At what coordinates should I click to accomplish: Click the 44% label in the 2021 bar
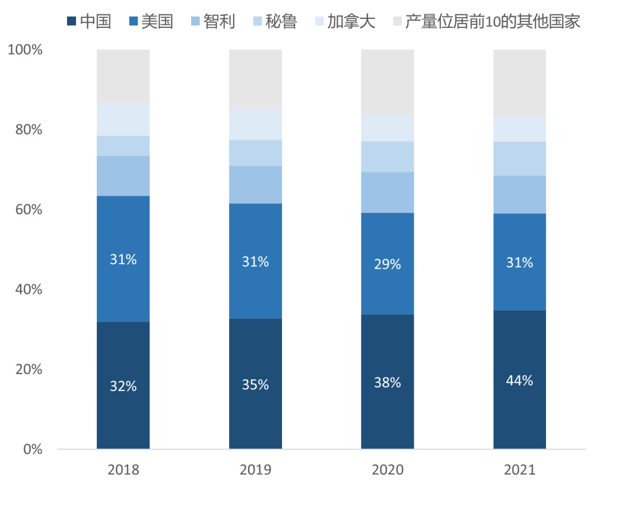pyautogui.click(x=519, y=381)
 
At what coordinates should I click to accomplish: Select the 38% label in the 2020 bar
pyautogui.click(x=388, y=383)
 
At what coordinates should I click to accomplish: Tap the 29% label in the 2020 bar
pyautogui.click(x=388, y=264)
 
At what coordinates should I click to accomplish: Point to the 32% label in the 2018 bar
pyautogui.click(x=123, y=386)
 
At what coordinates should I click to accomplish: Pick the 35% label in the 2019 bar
pyautogui.click(x=255, y=385)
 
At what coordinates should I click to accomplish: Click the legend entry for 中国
pyautogui.click(x=88, y=22)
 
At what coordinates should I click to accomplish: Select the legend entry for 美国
pyautogui.click(x=150, y=22)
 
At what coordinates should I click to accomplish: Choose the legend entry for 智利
pyautogui.click(x=212, y=22)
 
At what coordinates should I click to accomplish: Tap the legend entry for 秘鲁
pyautogui.click(x=274, y=22)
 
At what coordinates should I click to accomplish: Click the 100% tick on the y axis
pyautogui.click(x=25, y=50)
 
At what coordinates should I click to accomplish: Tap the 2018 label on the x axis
pyautogui.click(x=123, y=470)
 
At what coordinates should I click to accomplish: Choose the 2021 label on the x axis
pyautogui.click(x=519, y=470)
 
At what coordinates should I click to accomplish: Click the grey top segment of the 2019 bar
pyautogui.click(x=255, y=79)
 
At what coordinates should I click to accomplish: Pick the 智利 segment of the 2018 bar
pyautogui.click(x=123, y=176)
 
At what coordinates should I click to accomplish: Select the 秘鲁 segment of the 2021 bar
pyautogui.click(x=519, y=158)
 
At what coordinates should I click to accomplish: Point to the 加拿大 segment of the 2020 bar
pyautogui.click(x=388, y=128)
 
